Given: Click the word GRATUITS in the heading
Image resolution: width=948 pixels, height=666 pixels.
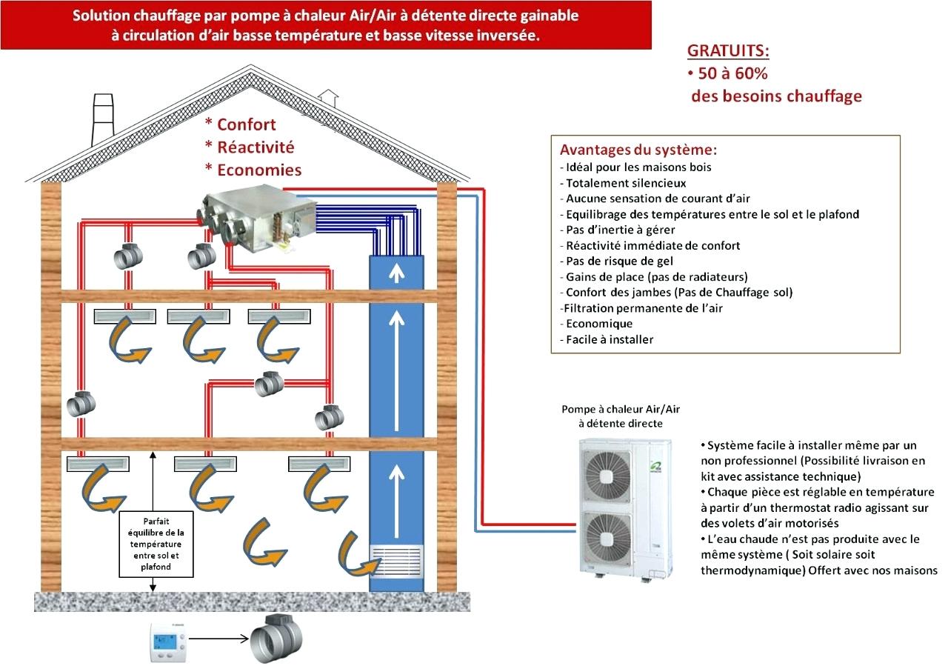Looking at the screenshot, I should point(728,51).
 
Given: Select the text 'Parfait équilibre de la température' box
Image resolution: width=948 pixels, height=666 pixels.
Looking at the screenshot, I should point(156,544).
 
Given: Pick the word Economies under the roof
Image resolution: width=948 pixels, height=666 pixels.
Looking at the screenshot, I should point(259,170).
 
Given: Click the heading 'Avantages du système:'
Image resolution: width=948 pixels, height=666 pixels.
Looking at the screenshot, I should point(638,149).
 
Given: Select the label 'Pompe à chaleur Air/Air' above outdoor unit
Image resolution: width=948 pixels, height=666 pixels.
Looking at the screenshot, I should point(620,409).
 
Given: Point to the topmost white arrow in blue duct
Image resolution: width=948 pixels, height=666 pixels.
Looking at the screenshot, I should point(398,273).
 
